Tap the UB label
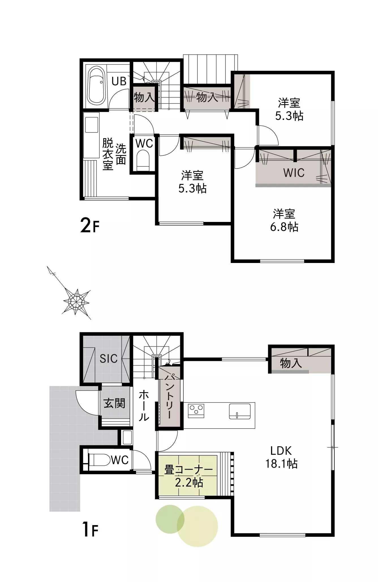119,81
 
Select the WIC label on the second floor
294,173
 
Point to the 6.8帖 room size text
284,227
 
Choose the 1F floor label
90,529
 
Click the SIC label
109,359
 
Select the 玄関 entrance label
114,403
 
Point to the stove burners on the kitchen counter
196,410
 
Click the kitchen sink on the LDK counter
240,411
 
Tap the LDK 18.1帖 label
281,457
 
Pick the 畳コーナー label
189,470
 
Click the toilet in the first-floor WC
99,460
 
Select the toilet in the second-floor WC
143,160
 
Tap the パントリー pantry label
169,396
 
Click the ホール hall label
144,405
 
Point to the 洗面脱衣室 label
114,154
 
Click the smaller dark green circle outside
170,519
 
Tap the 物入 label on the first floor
291,363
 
